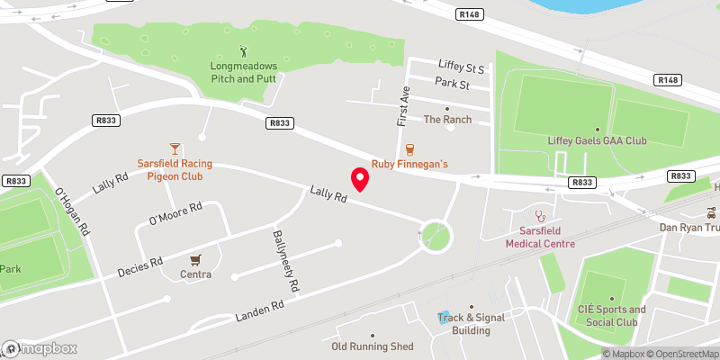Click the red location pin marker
360,180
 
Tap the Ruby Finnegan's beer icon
410,148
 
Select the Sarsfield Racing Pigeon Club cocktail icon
175,148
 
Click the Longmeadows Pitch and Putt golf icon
242,51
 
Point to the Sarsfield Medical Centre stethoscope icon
540,215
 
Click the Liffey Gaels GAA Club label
597,141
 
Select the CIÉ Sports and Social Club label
611,316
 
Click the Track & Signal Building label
465,324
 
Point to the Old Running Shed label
372,346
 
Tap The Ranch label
447,119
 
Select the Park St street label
453,84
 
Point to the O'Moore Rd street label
175,211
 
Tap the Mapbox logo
40,348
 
